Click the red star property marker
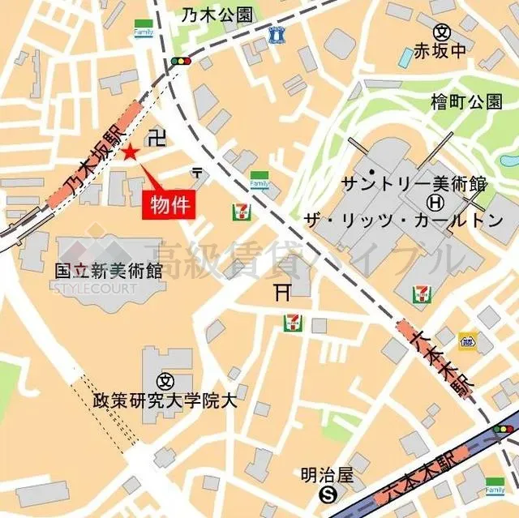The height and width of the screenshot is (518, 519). (131, 152)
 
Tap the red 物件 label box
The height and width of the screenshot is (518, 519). (170, 204)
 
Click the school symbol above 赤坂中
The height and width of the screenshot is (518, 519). (442, 32)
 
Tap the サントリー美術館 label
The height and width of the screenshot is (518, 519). (414, 182)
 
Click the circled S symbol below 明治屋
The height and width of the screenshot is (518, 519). (328, 494)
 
